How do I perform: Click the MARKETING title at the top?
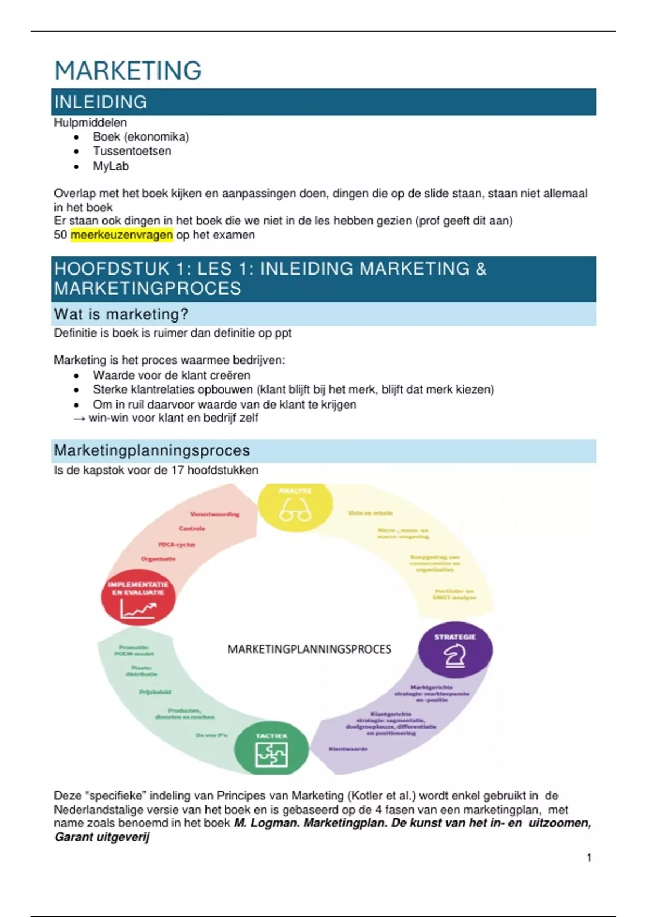coord(128,71)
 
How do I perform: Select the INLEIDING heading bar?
coord(323,102)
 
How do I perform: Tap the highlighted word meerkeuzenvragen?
coord(121,235)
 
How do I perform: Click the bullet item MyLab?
coord(111,166)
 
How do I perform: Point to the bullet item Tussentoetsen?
coord(132,151)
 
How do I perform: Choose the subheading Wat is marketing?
coord(121,314)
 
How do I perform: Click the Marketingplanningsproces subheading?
coord(152,450)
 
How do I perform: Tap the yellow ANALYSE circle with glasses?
coord(295,508)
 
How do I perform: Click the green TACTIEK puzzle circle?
coord(271,749)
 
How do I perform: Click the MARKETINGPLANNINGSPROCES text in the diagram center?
coord(309,649)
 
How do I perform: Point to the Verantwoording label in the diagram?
coord(215,515)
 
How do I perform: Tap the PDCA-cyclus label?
coord(176,545)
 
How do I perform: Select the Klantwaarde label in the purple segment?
coord(348,749)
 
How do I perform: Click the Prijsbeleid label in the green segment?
coord(155,692)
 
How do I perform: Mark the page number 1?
coord(589,858)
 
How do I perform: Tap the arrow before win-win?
coord(79,419)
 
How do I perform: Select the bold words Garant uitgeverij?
coord(102,837)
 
